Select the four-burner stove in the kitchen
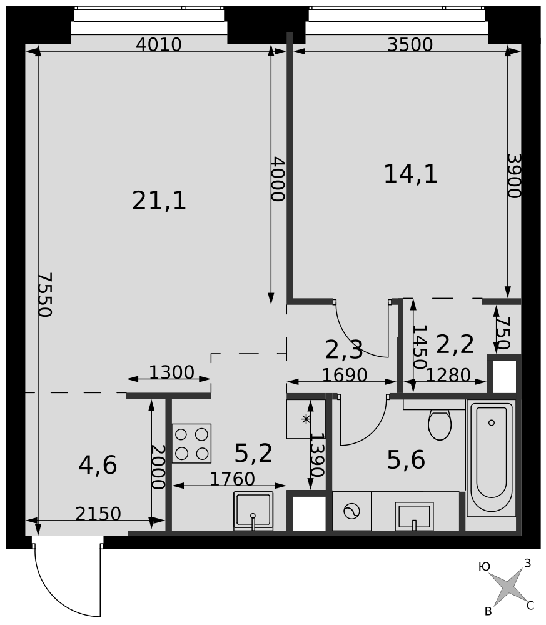(x=191, y=443)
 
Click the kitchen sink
(x=253, y=511)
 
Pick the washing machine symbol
(x=351, y=511)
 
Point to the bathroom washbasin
(x=414, y=516)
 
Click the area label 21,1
(x=159, y=201)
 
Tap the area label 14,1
(x=410, y=174)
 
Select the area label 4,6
(x=98, y=465)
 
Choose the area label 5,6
(x=406, y=459)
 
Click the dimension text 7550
(x=44, y=294)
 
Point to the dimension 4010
(x=159, y=44)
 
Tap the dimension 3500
(x=410, y=44)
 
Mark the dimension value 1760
(x=232, y=479)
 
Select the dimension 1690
(x=345, y=375)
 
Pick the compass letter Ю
(x=484, y=567)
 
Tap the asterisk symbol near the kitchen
(x=305, y=419)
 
